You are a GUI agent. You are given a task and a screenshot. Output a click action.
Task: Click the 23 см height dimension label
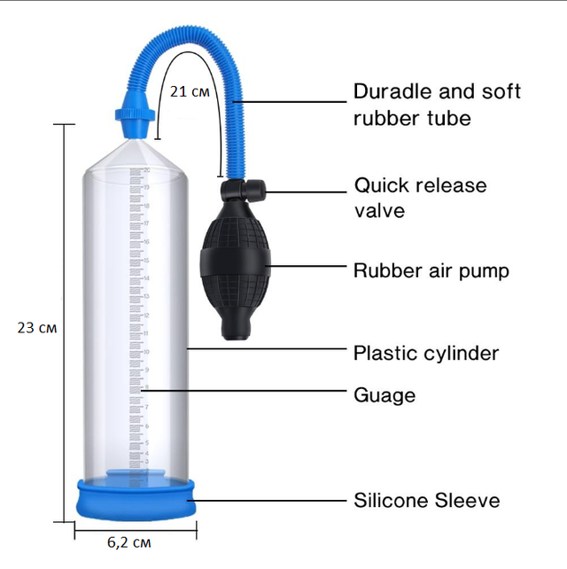tap(37, 328)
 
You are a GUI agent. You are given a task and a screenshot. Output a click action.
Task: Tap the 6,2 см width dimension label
tap(128, 542)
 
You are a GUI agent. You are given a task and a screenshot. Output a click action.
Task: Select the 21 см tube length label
tap(190, 91)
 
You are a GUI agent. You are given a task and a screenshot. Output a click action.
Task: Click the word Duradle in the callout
tap(392, 91)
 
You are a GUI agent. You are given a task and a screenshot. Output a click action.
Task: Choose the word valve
tap(379, 210)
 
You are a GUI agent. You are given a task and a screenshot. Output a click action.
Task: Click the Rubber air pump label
tap(431, 271)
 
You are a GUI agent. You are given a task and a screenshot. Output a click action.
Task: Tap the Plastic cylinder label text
tap(426, 353)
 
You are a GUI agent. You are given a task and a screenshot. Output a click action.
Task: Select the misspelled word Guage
tap(384, 395)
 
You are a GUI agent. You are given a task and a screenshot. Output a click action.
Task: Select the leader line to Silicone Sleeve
tap(267, 501)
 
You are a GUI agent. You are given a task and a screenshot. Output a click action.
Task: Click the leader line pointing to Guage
tap(244, 391)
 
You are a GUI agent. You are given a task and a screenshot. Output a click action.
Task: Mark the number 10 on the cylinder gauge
tap(146, 352)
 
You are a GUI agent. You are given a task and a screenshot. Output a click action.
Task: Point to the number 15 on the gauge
tap(146, 261)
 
